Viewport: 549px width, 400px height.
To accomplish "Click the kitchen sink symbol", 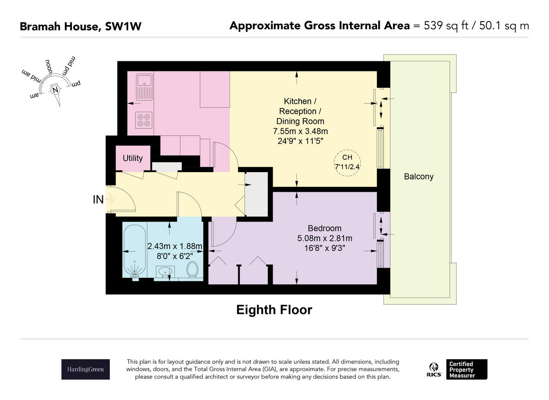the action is tap(145, 87).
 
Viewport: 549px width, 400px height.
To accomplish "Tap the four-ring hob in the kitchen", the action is tap(144, 120).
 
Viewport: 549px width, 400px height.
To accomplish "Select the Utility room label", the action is tap(133, 158).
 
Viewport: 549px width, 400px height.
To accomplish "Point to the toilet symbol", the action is tap(193, 269).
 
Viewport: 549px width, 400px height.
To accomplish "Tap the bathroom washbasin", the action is tap(165, 272).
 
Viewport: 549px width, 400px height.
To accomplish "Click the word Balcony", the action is tap(419, 177).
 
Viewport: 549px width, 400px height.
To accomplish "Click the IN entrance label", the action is tap(98, 200).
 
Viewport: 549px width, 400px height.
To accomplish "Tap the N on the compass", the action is tap(55, 90).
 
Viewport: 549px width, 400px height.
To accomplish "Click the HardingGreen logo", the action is tap(86, 369).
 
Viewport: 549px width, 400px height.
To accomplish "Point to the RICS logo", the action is tap(434, 370).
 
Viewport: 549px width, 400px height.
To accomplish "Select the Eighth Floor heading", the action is tap(274, 310).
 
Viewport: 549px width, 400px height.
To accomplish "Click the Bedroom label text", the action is tap(324, 228).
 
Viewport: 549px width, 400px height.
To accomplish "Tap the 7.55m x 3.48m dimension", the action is tap(301, 131).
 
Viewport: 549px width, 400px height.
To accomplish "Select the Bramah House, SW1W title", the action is tap(81, 27).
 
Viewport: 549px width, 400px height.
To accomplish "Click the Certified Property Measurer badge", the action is tap(467, 369).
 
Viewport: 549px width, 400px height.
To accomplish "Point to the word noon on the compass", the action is tap(48, 66).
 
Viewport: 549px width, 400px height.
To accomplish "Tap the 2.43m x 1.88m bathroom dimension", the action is tap(175, 246).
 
